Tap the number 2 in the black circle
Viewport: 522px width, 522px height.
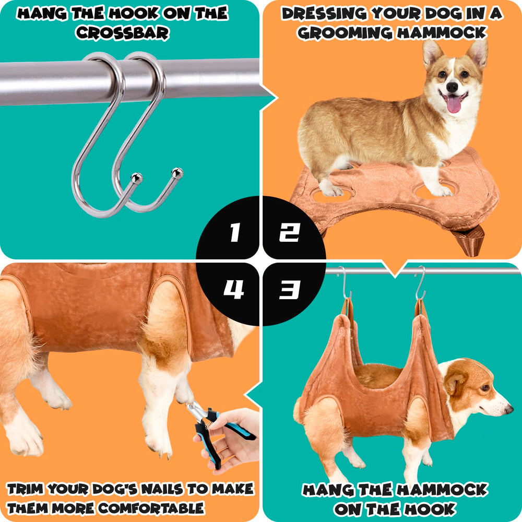click(x=289, y=233)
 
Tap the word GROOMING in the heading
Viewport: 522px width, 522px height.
click(x=346, y=33)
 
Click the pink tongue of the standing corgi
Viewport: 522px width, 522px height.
click(x=454, y=104)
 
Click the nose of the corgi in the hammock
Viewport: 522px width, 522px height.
click(x=509, y=409)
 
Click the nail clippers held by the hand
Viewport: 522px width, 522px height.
click(x=219, y=428)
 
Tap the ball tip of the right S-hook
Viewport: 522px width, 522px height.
click(x=178, y=171)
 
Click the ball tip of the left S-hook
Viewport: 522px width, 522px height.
click(x=137, y=177)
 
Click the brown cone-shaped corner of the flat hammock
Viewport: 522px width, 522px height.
click(x=468, y=240)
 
